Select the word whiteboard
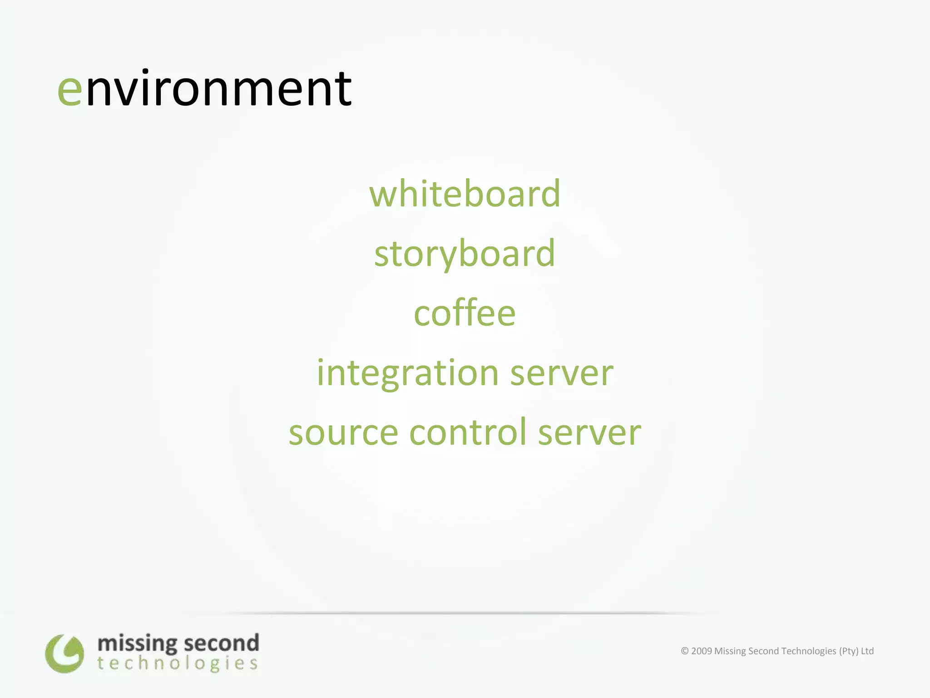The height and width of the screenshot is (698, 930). point(465,194)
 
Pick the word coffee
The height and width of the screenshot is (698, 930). point(465,314)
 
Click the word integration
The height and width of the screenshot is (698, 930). point(407,374)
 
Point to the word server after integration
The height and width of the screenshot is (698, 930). point(562,374)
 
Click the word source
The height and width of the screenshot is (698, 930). point(343,433)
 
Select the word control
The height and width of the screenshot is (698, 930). point(468,432)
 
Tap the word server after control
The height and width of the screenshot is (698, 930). point(589,433)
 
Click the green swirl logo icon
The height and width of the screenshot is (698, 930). point(64,653)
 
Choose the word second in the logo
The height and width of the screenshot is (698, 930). point(222,643)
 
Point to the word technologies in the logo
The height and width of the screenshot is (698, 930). point(177,664)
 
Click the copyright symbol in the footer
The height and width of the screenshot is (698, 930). point(685,651)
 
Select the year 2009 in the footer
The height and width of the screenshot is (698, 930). point(701,651)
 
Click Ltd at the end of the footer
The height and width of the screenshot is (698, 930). point(867,651)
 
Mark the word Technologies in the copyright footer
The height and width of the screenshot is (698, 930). point(808,651)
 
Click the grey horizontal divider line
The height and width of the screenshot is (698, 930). point(454,613)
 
